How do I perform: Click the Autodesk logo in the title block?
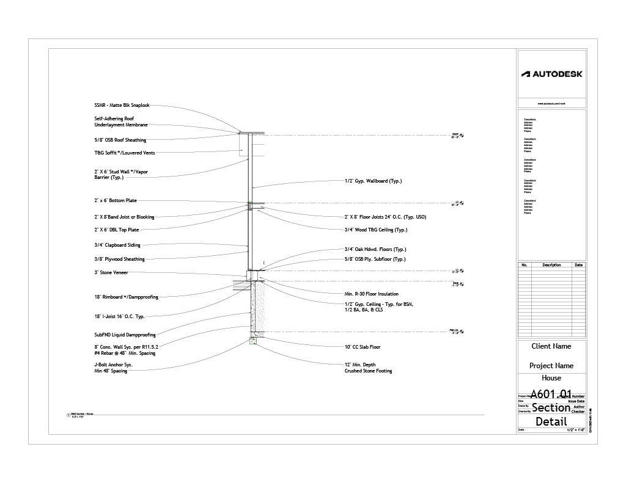(x=551, y=74)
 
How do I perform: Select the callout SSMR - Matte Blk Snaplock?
(x=122, y=105)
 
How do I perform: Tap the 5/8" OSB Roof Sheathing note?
(x=120, y=140)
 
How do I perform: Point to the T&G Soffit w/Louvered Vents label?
(x=124, y=153)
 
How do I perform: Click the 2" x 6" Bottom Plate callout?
(x=115, y=200)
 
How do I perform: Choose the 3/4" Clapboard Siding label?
(x=117, y=245)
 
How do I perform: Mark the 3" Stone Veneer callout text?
(x=111, y=272)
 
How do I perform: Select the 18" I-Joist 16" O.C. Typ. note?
(x=119, y=317)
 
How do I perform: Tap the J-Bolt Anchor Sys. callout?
(x=113, y=365)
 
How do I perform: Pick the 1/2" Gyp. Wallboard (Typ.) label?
(x=373, y=181)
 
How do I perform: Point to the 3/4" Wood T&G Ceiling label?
(x=375, y=230)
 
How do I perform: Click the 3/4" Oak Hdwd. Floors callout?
(x=375, y=249)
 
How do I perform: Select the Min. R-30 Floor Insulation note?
(x=371, y=294)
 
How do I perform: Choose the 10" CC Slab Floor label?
(x=363, y=347)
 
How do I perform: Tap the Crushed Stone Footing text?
(x=368, y=371)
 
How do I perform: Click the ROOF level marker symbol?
(x=462, y=135)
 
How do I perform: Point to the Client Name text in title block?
(x=551, y=346)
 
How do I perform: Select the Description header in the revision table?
(x=551, y=265)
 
